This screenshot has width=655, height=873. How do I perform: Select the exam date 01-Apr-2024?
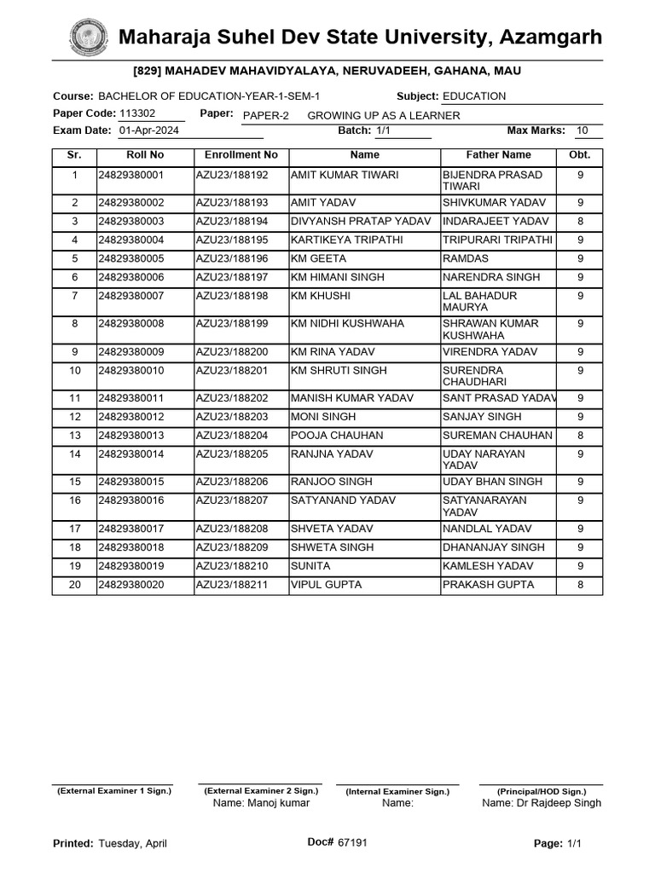148,130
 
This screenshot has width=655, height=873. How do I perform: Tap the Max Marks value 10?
582,130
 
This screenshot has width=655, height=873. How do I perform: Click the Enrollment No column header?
241,155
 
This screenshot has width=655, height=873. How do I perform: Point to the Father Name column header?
498,155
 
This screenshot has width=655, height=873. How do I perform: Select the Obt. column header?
580,155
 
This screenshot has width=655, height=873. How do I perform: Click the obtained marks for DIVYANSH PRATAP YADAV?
580,222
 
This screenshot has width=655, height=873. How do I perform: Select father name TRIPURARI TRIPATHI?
497,240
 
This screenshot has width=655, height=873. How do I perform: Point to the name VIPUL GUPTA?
327,585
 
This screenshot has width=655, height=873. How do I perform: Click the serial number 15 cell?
74,483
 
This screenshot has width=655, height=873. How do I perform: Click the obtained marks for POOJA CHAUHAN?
580,436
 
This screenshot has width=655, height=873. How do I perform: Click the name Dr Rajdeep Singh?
542,803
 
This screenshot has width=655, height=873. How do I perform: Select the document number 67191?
352,842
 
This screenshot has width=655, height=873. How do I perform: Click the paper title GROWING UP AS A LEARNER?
383,116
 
